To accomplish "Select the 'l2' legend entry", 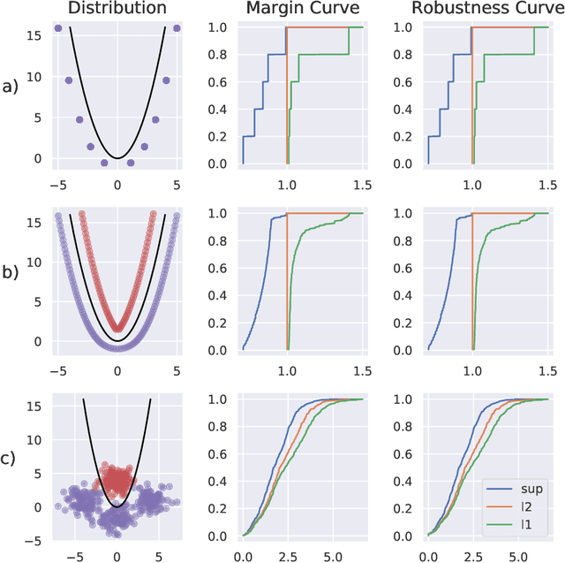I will click(520, 506).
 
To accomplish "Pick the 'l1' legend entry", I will click(520, 525).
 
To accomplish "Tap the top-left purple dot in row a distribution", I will click(58, 28).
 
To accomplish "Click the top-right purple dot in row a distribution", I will click(177, 28).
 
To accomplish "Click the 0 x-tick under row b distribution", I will click(117, 371).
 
